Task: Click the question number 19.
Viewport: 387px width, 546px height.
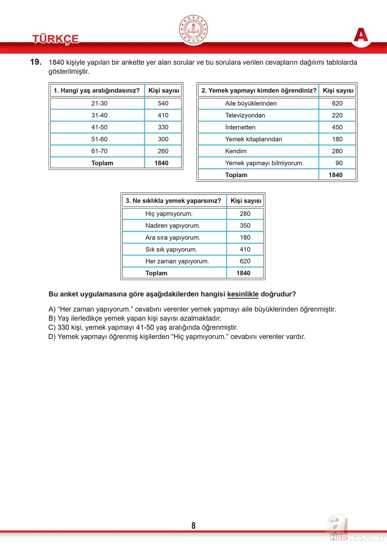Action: [x=36, y=62]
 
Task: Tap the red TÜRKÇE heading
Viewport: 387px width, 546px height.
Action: [x=55, y=39]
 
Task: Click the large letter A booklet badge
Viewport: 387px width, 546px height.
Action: [x=361, y=35]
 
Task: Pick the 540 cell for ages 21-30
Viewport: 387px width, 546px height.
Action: [x=163, y=103]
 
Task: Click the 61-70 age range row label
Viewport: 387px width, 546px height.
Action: [x=100, y=151]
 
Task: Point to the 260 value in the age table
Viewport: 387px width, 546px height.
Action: [x=163, y=151]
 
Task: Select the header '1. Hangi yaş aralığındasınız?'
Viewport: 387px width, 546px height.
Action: [x=96, y=91]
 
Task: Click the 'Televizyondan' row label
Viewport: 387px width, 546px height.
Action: [x=245, y=115]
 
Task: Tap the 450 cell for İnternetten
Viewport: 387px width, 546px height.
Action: [x=337, y=127]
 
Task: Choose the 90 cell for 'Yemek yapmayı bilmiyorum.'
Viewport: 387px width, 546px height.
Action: [x=339, y=163]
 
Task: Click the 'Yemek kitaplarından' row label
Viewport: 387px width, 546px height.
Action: [x=254, y=139]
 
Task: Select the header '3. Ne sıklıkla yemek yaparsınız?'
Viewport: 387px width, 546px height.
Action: [x=174, y=201]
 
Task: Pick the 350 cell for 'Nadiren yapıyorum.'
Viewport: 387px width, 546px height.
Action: [x=245, y=225]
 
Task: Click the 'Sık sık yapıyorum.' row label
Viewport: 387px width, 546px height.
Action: [x=171, y=250]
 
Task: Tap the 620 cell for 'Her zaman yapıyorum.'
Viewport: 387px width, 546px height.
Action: [x=245, y=261]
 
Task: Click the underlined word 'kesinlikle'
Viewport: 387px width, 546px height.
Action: [x=243, y=294]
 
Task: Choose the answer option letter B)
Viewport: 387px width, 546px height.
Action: [x=52, y=318]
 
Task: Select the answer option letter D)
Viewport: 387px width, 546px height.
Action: [x=52, y=336]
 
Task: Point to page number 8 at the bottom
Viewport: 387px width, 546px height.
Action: [x=193, y=525]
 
